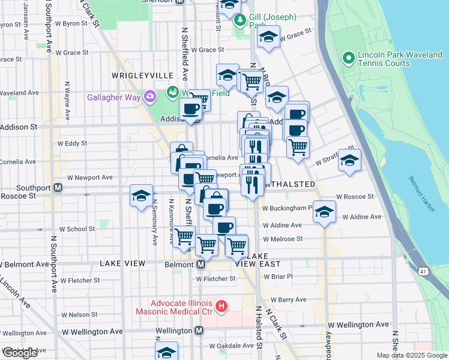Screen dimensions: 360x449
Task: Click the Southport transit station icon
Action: [x=58, y=187]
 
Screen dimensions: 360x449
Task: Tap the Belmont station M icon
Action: [x=201, y=264]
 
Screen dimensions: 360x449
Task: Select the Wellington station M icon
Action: [x=199, y=331]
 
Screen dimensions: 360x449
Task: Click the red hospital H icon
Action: [x=221, y=307]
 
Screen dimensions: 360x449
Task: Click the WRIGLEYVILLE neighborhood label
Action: [x=142, y=76]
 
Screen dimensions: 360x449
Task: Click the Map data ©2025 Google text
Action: [x=412, y=355]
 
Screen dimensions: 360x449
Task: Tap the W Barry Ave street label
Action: [x=288, y=299]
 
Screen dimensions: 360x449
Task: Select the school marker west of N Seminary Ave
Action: [x=141, y=196]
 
